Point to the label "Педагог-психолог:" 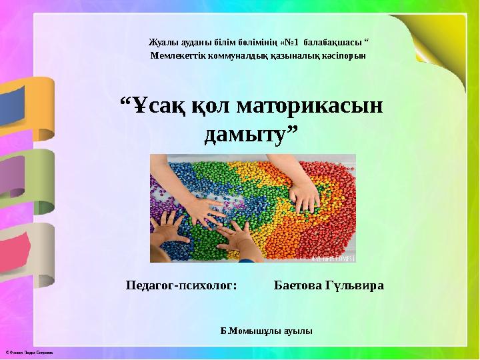tap(181, 285)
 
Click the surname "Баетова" tap(298, 285)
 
